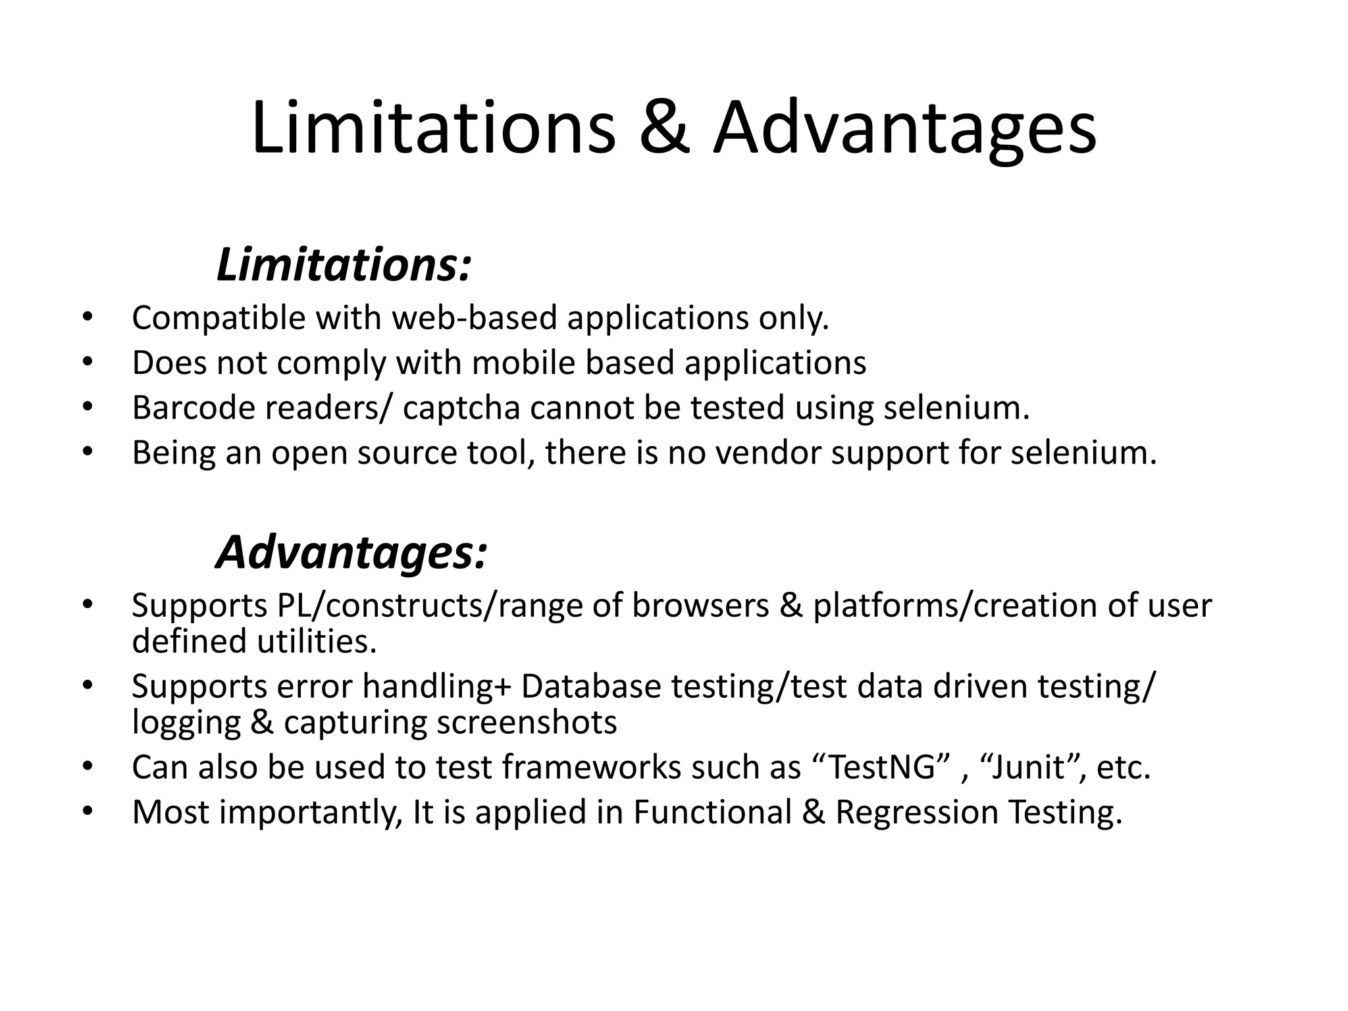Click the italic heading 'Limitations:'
click(x=344, y=265)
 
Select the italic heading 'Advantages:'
click(x=351, y=552)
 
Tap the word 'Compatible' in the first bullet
click(x=219, y=319)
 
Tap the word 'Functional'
click(x=712, y=812)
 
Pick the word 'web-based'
click(x=475, y=319)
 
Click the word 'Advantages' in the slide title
click(x=905, y=128)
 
